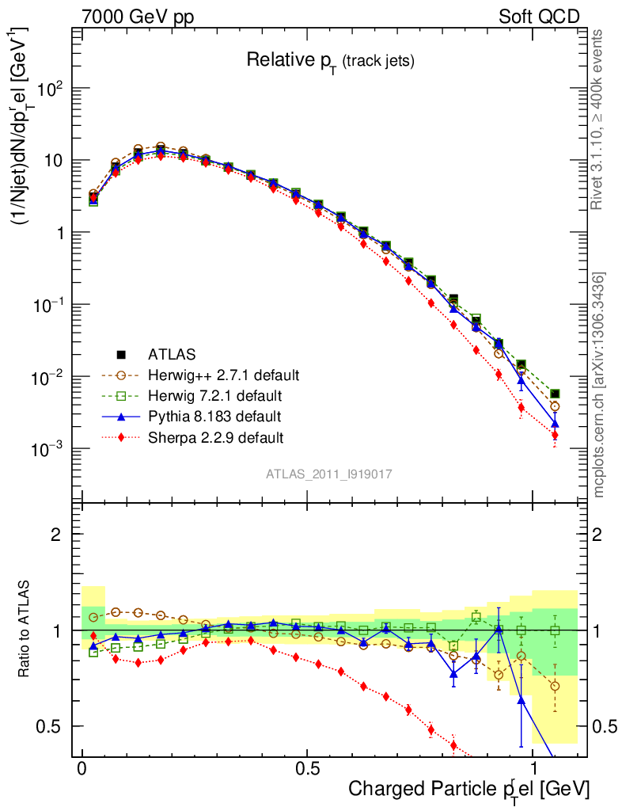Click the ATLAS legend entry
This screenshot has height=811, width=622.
click(x=172, y=354)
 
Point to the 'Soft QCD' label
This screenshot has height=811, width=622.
click(x=539, y=17)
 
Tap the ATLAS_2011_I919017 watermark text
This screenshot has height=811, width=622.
click(x=329, y=474)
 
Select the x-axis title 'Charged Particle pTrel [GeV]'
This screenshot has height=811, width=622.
click(x=468, y=789)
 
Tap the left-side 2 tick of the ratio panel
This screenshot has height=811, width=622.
click(x=57, y=535)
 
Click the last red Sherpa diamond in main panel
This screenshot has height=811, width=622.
click(x=555, y=435)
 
